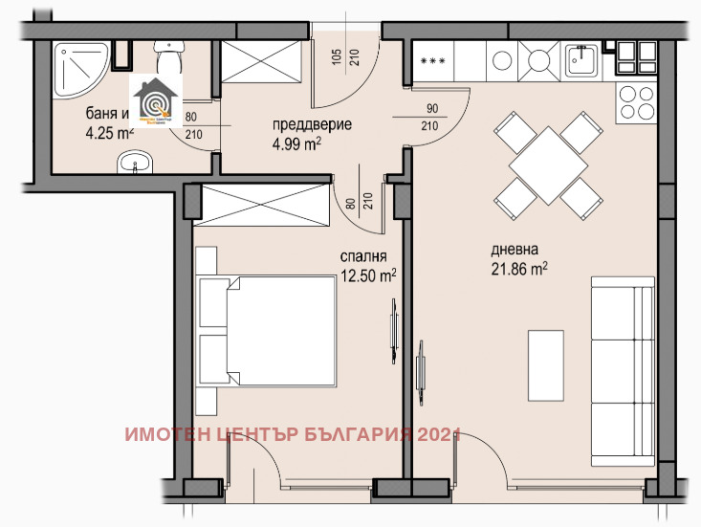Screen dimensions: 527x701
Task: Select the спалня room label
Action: coord(362,256)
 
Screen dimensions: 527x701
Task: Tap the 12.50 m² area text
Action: coord(368,275)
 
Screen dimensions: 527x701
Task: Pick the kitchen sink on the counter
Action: coord(582,61)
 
